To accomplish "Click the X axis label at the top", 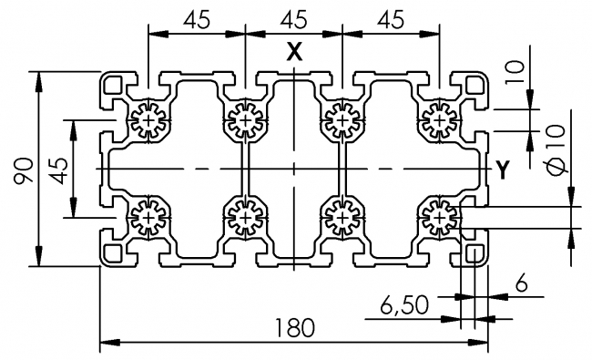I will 293,53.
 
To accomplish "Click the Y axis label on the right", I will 501,169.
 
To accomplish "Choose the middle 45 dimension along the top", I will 293,18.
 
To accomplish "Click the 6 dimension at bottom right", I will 521,284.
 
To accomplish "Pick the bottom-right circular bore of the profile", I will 439,217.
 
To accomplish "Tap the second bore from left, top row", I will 244,120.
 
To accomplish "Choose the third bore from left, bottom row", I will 342,217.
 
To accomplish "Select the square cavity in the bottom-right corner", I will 473,252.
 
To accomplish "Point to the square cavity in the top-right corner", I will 473,86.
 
